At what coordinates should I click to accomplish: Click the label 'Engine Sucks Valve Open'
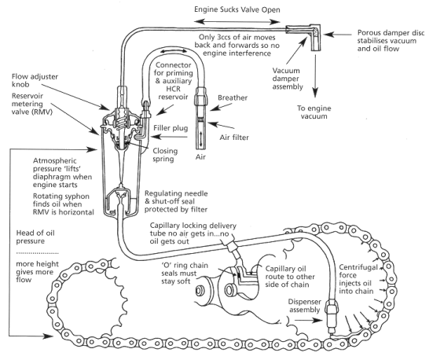(237, 9)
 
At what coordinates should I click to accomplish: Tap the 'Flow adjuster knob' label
(35, 80)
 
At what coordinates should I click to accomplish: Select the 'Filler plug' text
(171, 128)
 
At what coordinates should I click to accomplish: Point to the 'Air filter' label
(234, 138)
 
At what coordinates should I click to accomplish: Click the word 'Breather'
(233, 97)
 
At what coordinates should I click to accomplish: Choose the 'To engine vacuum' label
(314, 112)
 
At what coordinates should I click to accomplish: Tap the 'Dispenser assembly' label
(305, 306)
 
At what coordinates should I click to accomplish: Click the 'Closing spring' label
(165, 155)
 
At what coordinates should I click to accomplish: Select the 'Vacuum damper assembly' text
(288, 79)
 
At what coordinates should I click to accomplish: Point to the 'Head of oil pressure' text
(35, 237)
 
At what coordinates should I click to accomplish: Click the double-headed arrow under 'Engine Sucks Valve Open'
(237, 21)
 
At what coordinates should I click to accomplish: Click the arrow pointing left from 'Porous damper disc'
(338, 35)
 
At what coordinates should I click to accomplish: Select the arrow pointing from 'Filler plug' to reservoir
(169, 137)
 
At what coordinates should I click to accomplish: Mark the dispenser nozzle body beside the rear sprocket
(331, 315)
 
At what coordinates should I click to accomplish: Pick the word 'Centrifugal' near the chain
(358, 267)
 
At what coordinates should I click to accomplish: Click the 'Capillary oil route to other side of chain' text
(290, 277)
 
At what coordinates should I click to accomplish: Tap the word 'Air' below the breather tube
(200, 157)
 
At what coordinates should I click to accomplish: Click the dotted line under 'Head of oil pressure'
(37, 253)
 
